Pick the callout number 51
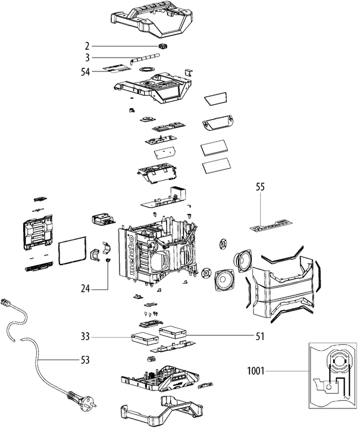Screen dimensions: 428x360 click(259, 336)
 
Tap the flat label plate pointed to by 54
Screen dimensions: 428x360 click(113, 68)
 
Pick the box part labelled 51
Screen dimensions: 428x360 click(174, 331)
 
